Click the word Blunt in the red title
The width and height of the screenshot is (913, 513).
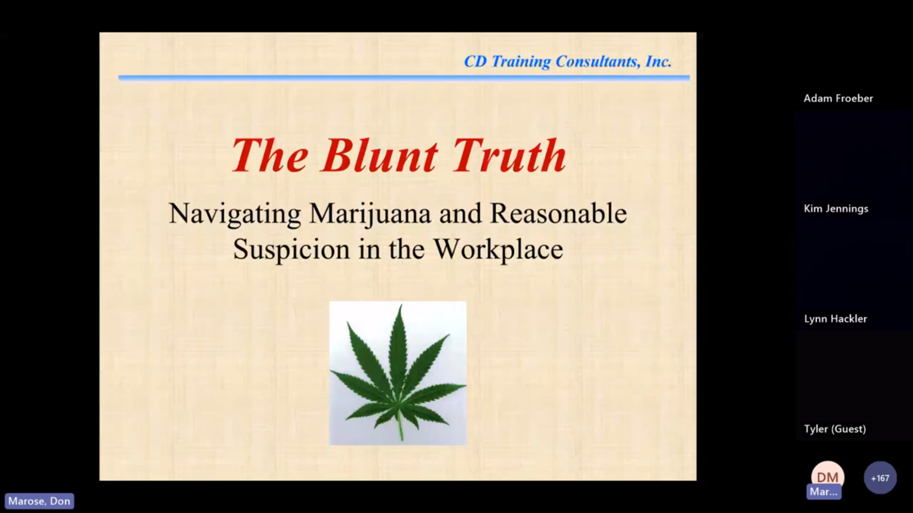pyautogui.click(x=379, y=155)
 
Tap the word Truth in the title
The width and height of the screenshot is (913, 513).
pyautogui.click(x=510, y=155)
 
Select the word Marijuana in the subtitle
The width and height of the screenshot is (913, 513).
pyautogui.click(x=370, y=214)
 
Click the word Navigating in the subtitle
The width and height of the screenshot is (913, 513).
pyautogui.click(x=235, y=214)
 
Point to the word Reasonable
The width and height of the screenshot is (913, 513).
pyautogui.click(x=558, y=213)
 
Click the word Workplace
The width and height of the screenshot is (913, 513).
pyautogui.click(x=498, y=249)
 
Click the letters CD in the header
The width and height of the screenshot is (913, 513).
pyautogui.click(x=475, y=61)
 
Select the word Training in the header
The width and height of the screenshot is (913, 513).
pyautogui.click(x=521, y=62)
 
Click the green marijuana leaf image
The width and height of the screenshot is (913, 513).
pyautogui.click(x=398, y=373)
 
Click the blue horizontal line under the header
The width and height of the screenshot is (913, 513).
pyautogui.click(x=404, y=77)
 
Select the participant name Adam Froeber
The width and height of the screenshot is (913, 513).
pyautogui.click(x=838, y=98)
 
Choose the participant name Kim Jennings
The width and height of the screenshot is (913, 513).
pyautogui.click(x=836, y=209)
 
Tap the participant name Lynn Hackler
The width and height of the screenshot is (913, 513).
pyautogui.click(x=835, y=319)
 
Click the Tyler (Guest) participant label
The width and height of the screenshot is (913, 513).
pyautogui.click(x=835, y=429)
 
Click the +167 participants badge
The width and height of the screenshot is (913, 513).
pyautogui.click(x=880, y=478)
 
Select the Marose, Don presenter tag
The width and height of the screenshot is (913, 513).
pyautogui.click(x=39, y=501)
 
